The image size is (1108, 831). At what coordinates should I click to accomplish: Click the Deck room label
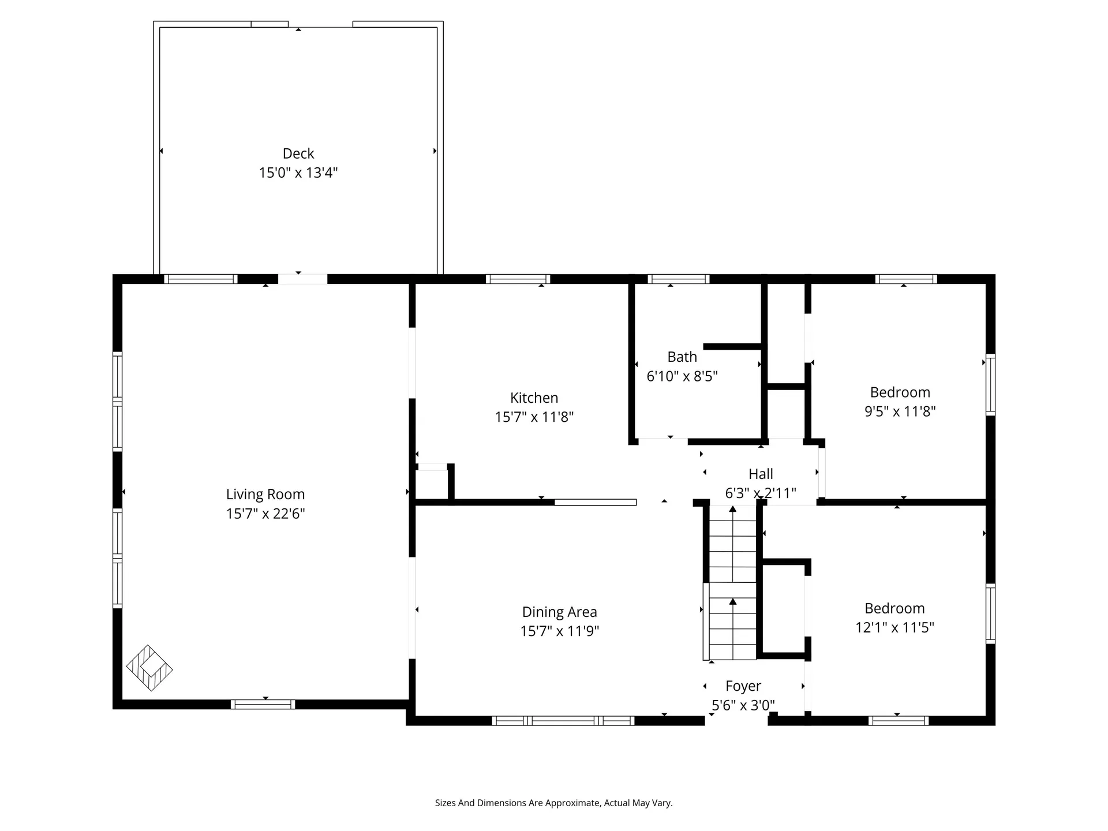[x=298, y=154]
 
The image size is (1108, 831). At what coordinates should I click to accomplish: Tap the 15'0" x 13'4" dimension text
[x=298, y=173]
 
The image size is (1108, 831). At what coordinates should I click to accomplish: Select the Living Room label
[x=265, y=495]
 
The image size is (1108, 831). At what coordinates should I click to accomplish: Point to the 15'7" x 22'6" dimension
[x=265, y=514]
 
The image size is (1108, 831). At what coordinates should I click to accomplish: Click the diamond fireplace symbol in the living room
[x=149, y=668]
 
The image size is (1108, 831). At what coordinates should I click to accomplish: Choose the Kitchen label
[x=534, y=398]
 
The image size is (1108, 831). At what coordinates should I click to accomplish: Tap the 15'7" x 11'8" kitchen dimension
[x=534, y=417]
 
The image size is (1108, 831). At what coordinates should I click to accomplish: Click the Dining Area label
[x=560, y=612]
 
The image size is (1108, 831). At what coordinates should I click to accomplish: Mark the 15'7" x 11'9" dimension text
[x=560, y=631]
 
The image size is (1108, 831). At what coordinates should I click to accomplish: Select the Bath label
[x=682, y=357]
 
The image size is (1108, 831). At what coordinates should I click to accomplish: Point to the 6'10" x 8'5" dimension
[x=682, y=376]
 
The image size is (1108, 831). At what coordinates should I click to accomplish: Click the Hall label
[x=761, y=474]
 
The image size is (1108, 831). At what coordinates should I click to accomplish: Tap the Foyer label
[x=743, y=686]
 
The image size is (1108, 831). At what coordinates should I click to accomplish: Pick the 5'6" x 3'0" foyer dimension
[x=743, y=705]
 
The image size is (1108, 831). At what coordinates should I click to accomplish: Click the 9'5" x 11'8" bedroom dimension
[x=900, y=411]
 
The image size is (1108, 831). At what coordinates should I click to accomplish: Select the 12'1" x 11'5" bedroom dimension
[x=894, y=627]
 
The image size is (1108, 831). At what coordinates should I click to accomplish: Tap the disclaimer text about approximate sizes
[x=554, y=803]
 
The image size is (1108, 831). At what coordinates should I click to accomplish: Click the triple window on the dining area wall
[x=563, y=720]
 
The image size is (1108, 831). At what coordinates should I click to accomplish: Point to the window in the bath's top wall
[x=679, y=279]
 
